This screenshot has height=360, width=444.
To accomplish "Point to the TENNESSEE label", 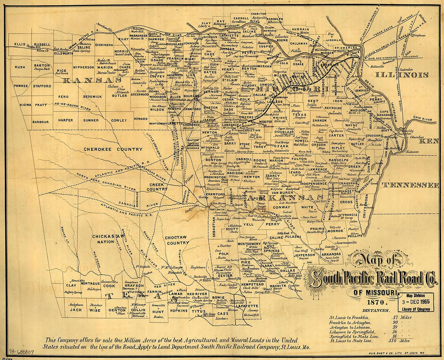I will click(410, 185).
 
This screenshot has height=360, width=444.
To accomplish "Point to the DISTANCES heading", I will click(376, 310).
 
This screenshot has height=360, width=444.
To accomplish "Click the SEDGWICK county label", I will click(92, 97).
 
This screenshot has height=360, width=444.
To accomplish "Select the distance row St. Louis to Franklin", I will click(350, 317).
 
